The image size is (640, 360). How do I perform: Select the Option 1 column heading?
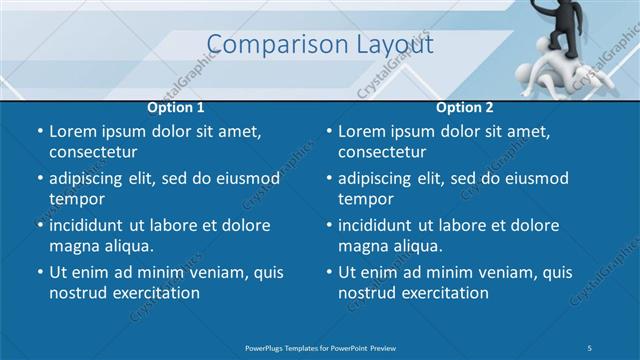tap(176, 107)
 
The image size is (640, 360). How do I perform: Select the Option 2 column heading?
tap(465, 107)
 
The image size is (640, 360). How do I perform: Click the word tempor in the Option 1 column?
tap(76, 198)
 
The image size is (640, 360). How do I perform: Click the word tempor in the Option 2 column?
tap(365, 198)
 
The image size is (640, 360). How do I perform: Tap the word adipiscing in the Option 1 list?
tap(91, 178)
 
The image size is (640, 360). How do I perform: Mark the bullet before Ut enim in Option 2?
tap(329, 272)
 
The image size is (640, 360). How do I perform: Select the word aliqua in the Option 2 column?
tap(413, 245)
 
